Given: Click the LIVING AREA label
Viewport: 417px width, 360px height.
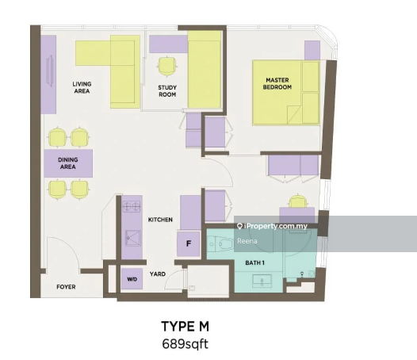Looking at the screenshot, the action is coord(82,87).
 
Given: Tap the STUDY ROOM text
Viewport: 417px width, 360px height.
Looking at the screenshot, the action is coord(167,91).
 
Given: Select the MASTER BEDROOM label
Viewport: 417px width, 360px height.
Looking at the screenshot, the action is coord(277,83).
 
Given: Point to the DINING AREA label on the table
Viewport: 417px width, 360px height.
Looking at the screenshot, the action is coord(68,163).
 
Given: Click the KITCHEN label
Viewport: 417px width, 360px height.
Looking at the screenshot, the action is coord(160,220).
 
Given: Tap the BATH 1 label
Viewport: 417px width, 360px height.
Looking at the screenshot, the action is coord(254,263).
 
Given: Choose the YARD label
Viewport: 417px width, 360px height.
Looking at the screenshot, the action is coord(158,274).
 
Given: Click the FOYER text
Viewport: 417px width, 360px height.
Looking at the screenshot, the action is coord(66,287).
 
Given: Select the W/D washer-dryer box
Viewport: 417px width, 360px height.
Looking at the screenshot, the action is coord(132,279).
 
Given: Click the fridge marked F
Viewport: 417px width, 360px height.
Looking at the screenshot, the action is coord(189,243).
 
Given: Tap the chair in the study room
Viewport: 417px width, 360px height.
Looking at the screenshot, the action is coord(167,67).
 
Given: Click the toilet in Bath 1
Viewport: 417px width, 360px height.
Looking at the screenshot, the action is coord(220,244).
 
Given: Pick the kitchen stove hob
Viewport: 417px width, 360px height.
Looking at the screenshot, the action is coord(132,206).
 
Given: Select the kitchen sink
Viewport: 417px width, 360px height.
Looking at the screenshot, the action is coord(132,238).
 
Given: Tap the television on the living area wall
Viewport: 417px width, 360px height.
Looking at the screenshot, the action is coord(50,71).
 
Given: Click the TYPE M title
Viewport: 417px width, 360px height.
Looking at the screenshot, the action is coord(185,326).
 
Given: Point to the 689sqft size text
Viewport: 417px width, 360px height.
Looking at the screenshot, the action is coord(185,344).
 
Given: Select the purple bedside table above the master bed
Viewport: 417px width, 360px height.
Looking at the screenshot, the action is coord(312,50).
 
